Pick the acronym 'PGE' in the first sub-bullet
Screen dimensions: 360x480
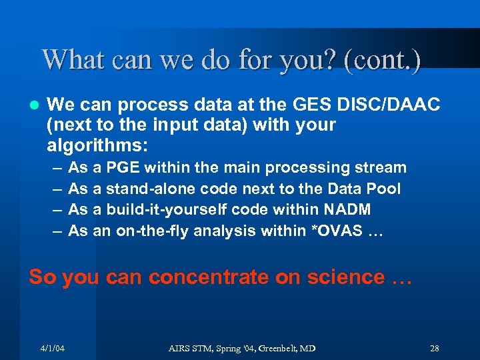point(123,168)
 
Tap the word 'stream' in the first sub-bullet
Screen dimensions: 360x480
point(379,168)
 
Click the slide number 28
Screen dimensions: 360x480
point(434,348)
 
